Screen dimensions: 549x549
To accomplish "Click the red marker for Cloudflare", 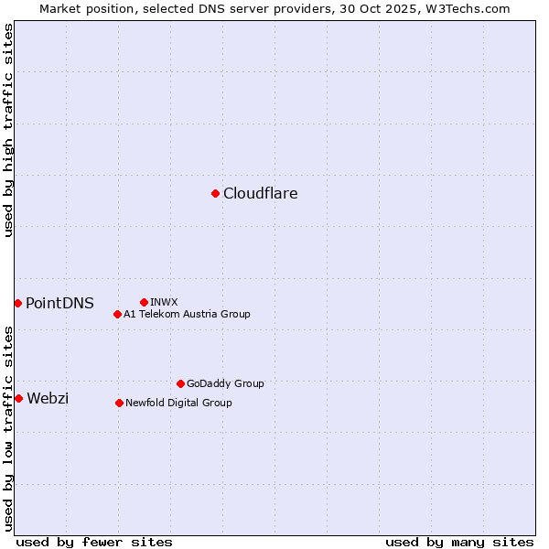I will tap(215, 193).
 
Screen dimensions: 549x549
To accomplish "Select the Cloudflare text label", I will tap(260, 193).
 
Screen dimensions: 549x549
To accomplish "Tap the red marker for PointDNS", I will tap(17, 303).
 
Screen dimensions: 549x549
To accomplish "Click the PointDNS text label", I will tap(59, 303).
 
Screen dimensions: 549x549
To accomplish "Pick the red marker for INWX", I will tap(144, 302).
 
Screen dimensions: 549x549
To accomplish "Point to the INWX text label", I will tap(164, 302).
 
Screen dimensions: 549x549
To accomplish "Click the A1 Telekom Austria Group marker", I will tap(117, 314).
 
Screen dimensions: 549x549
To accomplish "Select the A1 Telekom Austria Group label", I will tap(187, 314).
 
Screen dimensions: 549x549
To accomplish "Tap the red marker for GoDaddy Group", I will tap(180, 383).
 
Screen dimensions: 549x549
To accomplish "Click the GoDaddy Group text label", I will tap(225, 383).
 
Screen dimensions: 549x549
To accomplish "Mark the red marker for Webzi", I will tap(18, 398).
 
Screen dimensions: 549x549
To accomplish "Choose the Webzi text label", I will tap(48, 398).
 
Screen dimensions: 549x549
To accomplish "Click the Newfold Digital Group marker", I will tap(119, 403).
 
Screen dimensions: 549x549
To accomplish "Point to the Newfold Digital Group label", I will tap(178, 403).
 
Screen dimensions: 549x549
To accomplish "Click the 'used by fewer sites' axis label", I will tap(94, 542).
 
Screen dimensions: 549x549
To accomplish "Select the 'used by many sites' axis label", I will tap(459, 542).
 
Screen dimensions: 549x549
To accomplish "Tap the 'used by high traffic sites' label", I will tap(8, 130).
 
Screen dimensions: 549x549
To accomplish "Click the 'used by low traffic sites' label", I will tap(8, 428).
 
